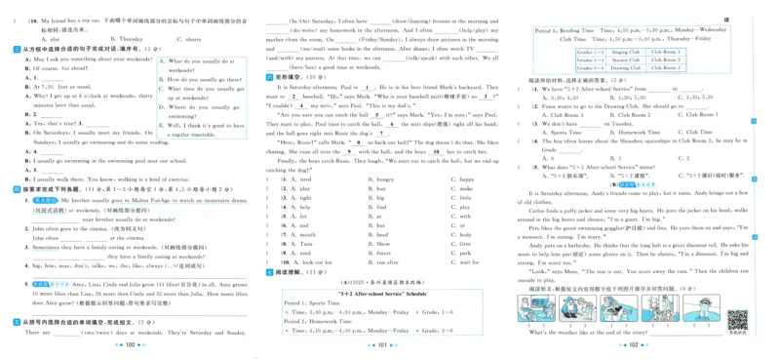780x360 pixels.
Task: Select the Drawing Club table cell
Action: click(622, 67)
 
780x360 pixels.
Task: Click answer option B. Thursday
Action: click(127, 39)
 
